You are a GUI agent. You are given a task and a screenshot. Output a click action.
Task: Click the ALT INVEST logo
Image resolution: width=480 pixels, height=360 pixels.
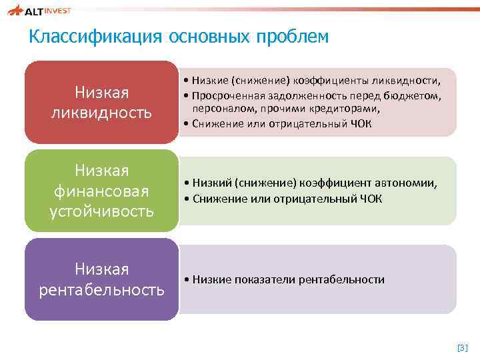(39, 10)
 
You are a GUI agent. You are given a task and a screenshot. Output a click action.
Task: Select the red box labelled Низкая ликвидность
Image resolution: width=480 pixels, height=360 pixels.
(101, 102)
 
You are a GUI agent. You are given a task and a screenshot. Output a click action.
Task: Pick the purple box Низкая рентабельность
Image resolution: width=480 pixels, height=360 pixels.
(101, 279)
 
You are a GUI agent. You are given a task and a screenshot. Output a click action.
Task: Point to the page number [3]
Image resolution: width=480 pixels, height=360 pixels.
(463, 347)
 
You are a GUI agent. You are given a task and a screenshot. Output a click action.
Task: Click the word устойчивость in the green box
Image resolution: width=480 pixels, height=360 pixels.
(101, 212)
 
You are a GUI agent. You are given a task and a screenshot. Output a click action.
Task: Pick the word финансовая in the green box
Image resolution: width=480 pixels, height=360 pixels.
(101, 191)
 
